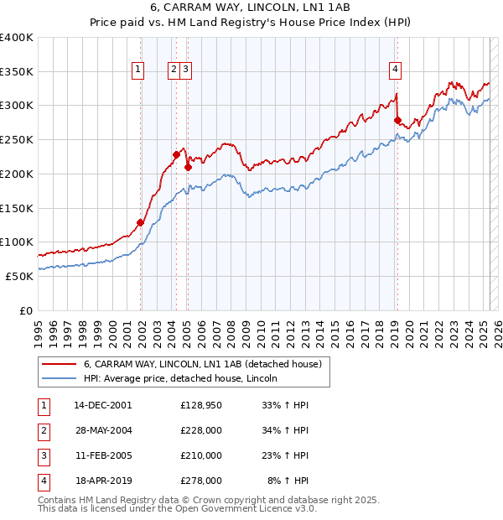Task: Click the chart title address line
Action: [251, 8]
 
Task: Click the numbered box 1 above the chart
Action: [137, 70]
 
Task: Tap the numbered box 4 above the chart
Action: [394, 70]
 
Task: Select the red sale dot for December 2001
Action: [140, 222]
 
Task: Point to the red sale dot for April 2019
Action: [397, 120]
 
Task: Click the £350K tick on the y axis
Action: [17, 71]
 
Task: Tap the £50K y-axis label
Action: [18, 276]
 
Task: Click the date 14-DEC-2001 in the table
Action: [102, 405]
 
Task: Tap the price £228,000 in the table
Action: [201, 430]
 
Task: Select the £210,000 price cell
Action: [201, 455]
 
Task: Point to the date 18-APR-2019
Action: [102, 481]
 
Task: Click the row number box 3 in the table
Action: [41, 455]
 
